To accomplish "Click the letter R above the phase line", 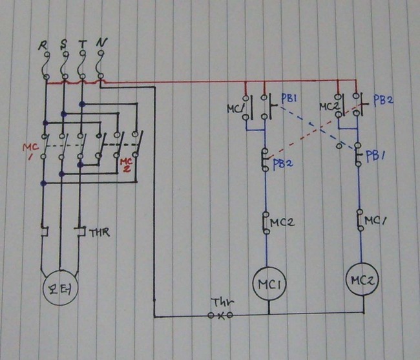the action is click(x=43, y=45).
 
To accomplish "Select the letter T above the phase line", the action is click(x=83, y=44).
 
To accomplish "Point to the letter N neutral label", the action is click(x=101, y=43).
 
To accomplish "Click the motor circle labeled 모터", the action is click(x=60, y=288).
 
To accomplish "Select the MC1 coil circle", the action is click(x=269, y=284).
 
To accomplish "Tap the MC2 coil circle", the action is click(x=362, y=280).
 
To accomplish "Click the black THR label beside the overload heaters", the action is click(x=99, y=233).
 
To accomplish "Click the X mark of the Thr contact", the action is click(x=221, y=316).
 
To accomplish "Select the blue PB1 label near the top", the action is click(x=289, y=99).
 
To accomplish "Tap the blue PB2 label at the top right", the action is click(x=383, y=100).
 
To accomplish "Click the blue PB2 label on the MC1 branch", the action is click(x=283, y=164).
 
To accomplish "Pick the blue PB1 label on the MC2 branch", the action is click(x=375, y=156).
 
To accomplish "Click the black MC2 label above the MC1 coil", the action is click(x=282, y=222).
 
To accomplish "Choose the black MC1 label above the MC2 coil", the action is click(x=375, y=221).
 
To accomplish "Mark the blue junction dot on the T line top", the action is click(x=82, y=104).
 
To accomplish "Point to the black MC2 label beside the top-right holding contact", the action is click(x=329, y=107).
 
